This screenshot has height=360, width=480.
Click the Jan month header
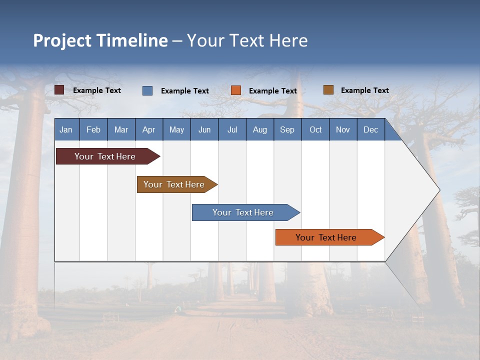pyautogui.click(x=66, y=129)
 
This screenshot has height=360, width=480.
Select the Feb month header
pyautogui.click(x=93, y=129)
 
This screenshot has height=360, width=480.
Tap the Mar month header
pyautogui.click(x=121, y=129)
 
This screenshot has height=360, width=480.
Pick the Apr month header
pyautogui.click(x=149, y=129)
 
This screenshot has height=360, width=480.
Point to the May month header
pyautogui.click(x=176, y=129)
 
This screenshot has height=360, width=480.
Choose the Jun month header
pyautogui.click(x=204, y=129)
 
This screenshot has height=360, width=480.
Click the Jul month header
pyautogui.click(x=232, y=129)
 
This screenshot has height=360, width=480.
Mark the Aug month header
pyautogui.click(x=260, y=129)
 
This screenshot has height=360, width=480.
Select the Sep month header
pyautogui.click(x=287, y=129)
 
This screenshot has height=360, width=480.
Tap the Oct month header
pyautogui.click(x=315, y=129)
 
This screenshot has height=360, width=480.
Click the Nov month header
pyautogui.click(x=343, y=129)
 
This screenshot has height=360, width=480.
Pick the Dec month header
pyautogui.click(x=371, y=129)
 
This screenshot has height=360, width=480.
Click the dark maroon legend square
pyautogui.click(x=59, y=90)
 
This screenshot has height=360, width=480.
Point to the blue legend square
pyautogui.click(x=147, y=90)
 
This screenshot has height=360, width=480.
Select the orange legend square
pyautogui.click(x=236, y=90)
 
